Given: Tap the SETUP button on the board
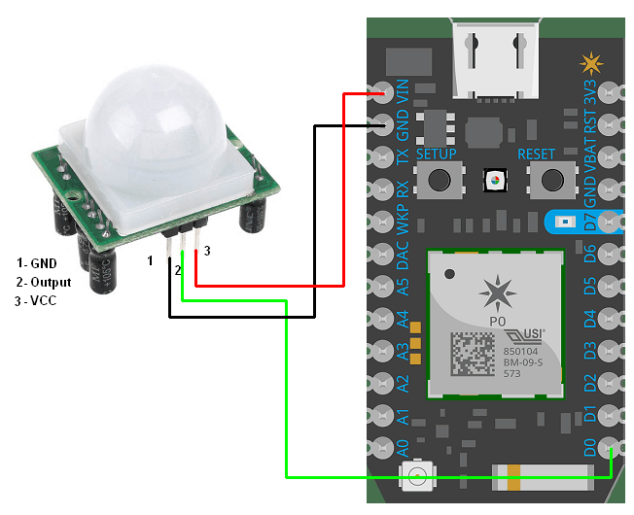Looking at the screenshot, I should point(437,179).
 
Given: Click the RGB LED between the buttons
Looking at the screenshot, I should point(496,180).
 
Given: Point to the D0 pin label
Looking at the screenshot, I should point(588,449).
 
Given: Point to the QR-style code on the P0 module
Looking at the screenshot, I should point(476,354).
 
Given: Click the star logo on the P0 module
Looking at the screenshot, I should point(498,291).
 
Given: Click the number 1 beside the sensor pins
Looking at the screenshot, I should point(150,260).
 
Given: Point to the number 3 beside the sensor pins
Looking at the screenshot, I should point(206,251).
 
